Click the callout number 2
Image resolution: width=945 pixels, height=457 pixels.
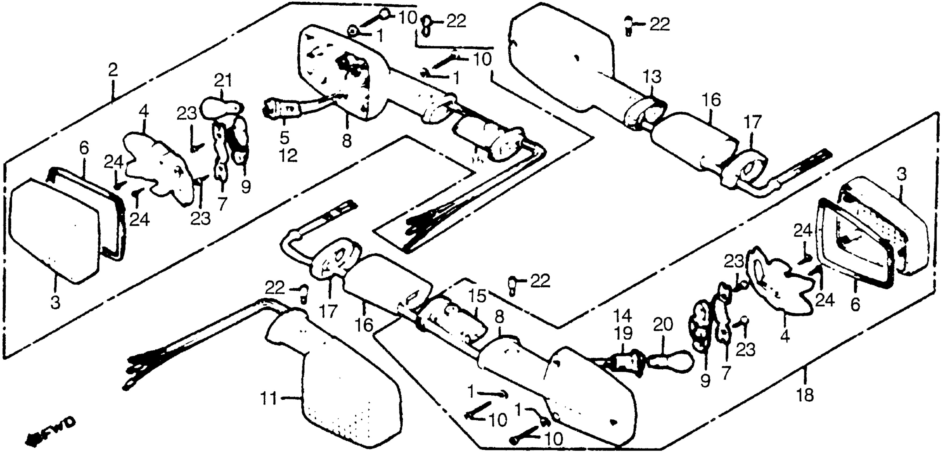pos(113,70)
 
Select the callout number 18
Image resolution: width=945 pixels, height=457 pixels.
pos(805,395)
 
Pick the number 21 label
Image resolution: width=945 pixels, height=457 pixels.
pos(223,80)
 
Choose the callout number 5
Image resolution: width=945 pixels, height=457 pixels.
pos(284,138)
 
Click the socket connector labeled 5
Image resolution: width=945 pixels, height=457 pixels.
pos(282,108)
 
